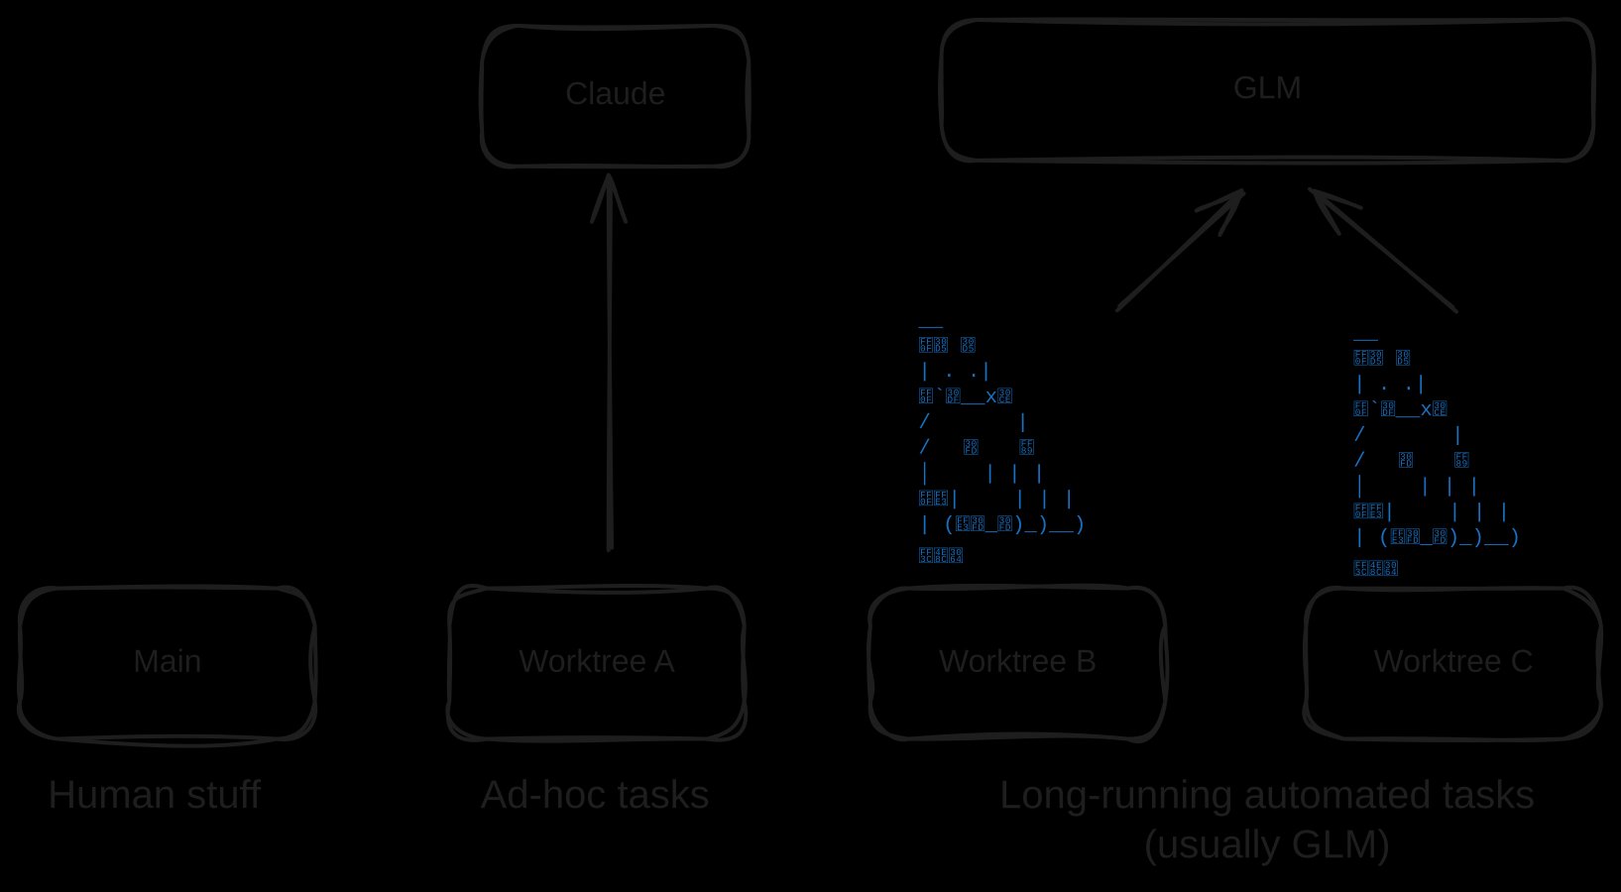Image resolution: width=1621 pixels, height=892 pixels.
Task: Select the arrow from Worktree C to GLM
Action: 1388,254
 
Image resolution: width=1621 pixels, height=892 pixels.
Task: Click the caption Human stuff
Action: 155,796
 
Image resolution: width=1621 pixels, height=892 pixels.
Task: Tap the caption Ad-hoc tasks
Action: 595,796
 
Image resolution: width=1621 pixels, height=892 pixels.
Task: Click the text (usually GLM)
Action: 1266,845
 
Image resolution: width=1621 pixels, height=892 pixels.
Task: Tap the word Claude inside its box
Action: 615,93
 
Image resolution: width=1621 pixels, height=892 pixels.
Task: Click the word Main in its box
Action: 167,661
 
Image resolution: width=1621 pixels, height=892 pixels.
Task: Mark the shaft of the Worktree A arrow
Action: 609,396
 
